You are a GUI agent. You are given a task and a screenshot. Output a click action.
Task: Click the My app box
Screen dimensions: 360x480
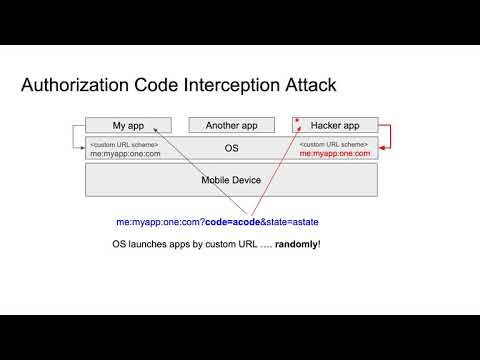coord(128,125)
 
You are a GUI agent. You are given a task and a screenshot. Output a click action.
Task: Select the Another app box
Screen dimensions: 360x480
coord(231,125)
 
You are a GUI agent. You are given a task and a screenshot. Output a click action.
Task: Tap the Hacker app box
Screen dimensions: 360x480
coord(335,125)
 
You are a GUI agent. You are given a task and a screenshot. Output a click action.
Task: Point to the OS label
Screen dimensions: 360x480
coord(231,147)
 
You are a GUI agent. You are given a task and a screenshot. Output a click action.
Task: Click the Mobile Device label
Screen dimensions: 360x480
coord(231,180)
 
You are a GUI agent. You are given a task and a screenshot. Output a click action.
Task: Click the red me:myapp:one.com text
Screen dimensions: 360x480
coord(335,153)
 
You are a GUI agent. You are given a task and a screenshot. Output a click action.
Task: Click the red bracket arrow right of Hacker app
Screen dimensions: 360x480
coord(387,137)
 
